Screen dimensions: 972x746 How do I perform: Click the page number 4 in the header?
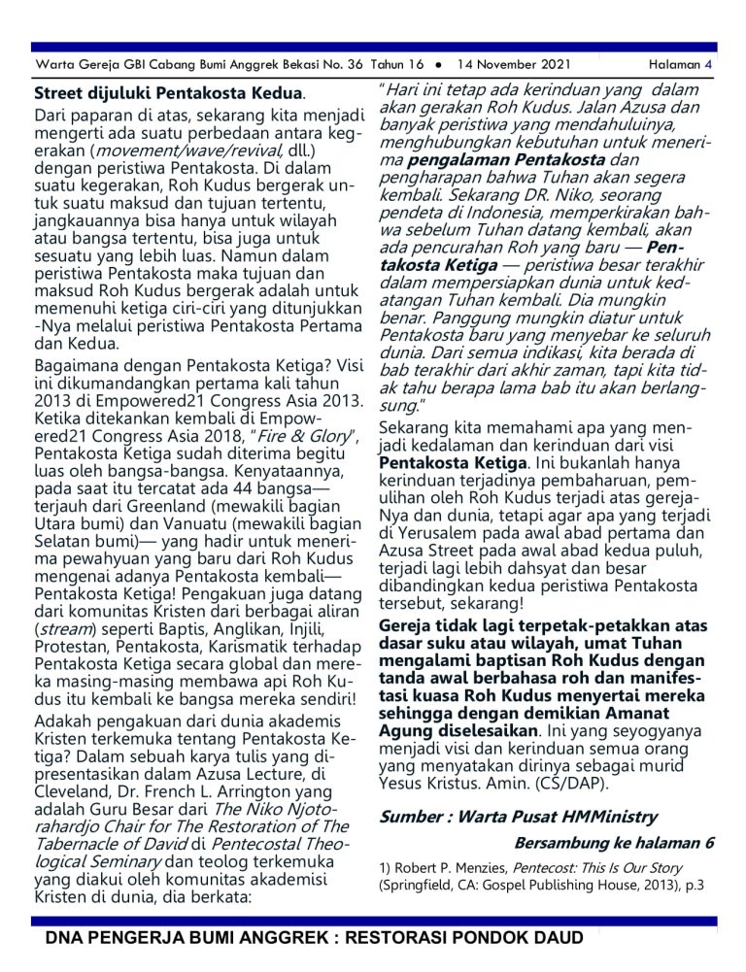[x=709, y=65]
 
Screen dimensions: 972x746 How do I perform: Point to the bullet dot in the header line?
[x=439, y=65]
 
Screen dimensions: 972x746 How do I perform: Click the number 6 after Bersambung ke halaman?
[x=709, y=842]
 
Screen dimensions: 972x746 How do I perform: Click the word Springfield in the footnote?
[x=419, y=886]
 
